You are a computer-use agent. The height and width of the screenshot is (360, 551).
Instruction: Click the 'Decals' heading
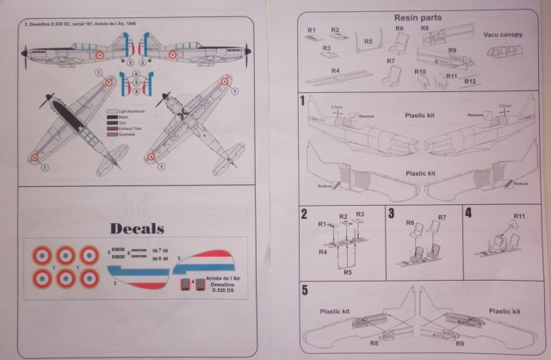[138, 228]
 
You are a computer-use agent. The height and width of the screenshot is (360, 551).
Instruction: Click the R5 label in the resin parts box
[368, 40]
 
